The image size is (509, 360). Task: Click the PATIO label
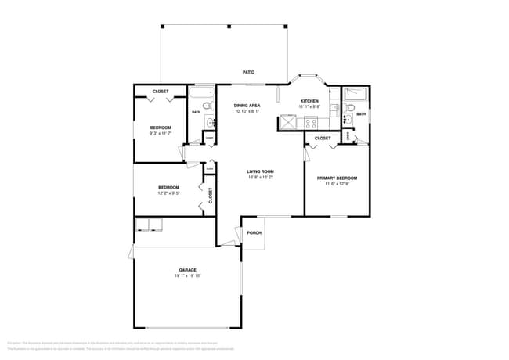pos(248,72)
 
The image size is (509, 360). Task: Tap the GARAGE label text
pos(187,270)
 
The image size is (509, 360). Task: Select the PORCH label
pos(254,233)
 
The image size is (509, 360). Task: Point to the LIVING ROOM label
pos(260,171)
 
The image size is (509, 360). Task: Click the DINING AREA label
pos(247,105)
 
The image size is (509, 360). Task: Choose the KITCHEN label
pos(310,102)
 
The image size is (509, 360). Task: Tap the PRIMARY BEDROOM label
pos(337,178)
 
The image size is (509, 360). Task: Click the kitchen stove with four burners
pos(311,122)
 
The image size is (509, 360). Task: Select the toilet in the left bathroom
pos(208,104)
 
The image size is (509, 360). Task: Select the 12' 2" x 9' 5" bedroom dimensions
pos(169,193)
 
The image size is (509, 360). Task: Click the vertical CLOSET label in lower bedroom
pos(210,195)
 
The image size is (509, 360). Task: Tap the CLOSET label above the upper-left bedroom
pos(161,92)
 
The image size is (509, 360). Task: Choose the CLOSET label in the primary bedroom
pos(323,139)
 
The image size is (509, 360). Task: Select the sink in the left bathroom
pos(209,121)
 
